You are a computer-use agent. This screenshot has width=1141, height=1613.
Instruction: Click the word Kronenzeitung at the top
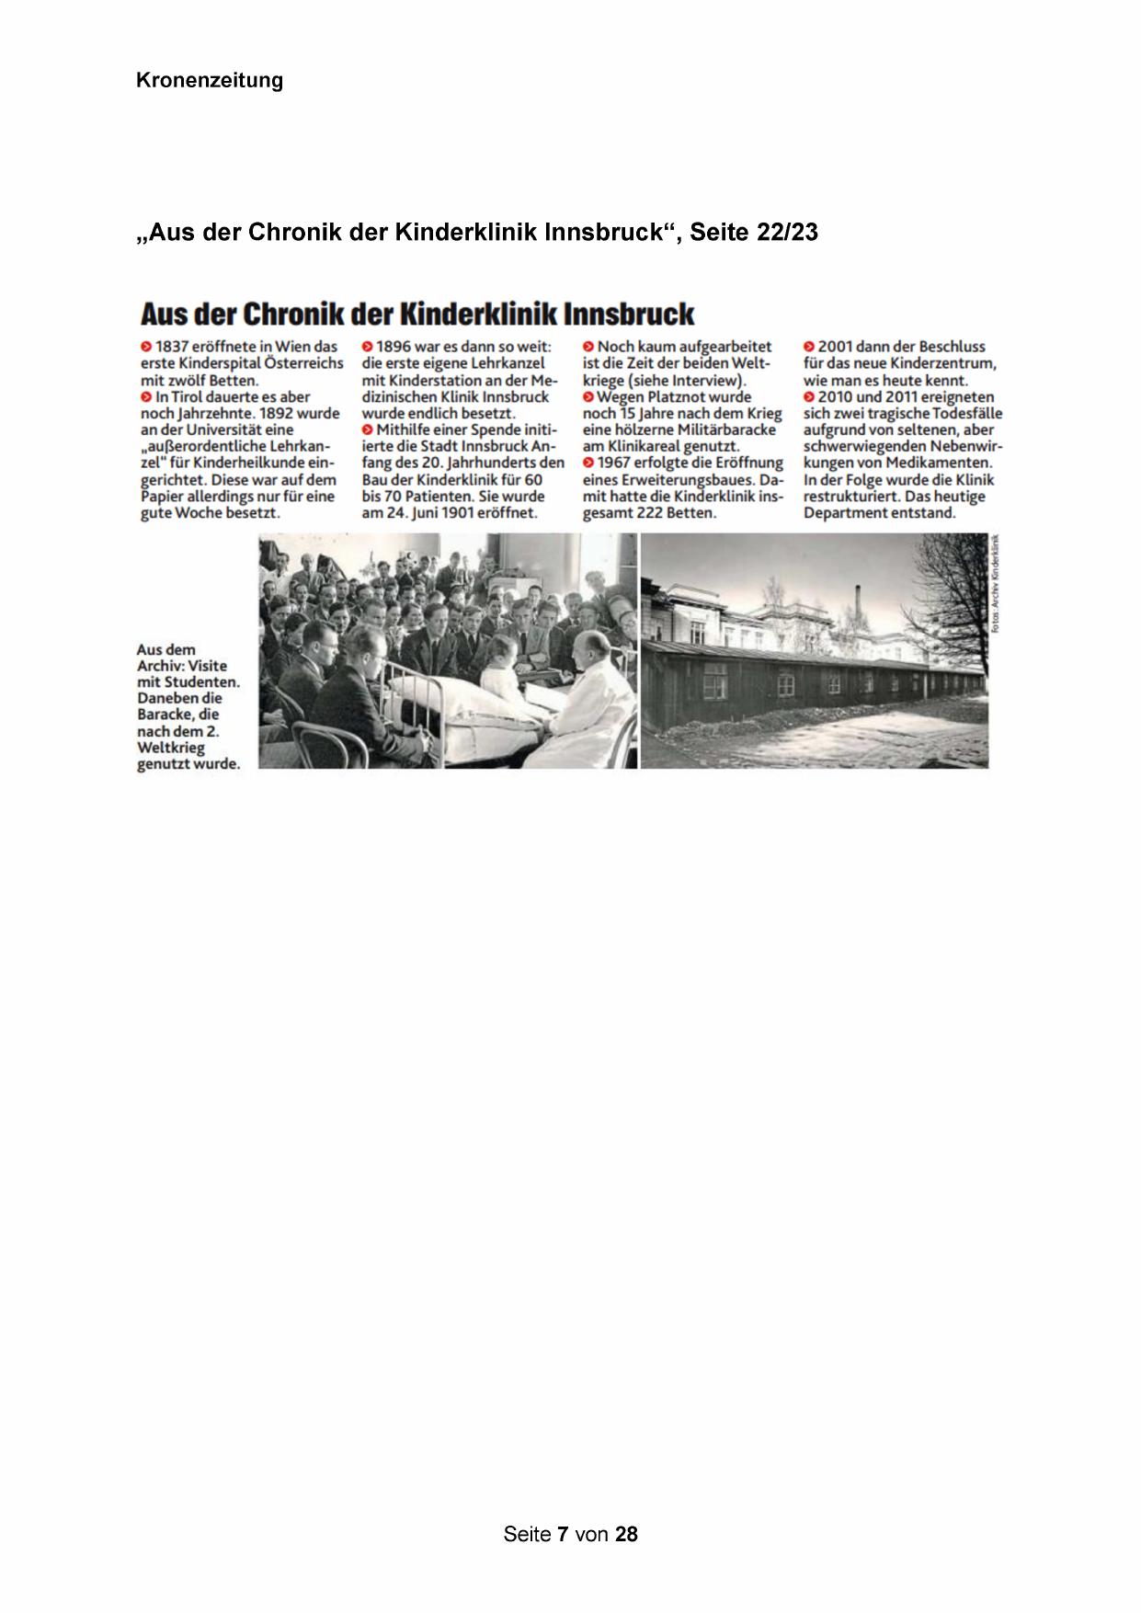(209, 81)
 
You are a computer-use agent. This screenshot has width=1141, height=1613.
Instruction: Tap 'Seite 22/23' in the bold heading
(753, 233)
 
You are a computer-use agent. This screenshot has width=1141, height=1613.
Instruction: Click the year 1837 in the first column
(172, 347)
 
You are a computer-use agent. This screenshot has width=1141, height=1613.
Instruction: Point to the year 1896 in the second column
(394, 347)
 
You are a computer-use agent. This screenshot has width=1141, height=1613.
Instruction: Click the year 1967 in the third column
(614, 463)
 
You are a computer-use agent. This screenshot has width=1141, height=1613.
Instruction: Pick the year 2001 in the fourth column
(835, 347)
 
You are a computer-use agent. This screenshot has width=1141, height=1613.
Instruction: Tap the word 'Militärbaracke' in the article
(726, 429)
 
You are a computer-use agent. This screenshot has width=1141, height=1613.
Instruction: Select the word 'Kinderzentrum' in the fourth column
(946, 363)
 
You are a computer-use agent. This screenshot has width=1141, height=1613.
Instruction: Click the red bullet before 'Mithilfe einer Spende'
(367, 430)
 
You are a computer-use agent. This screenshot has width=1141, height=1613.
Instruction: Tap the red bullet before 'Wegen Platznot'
(588, 397)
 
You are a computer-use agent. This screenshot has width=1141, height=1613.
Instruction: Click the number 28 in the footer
(626, 1534)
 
